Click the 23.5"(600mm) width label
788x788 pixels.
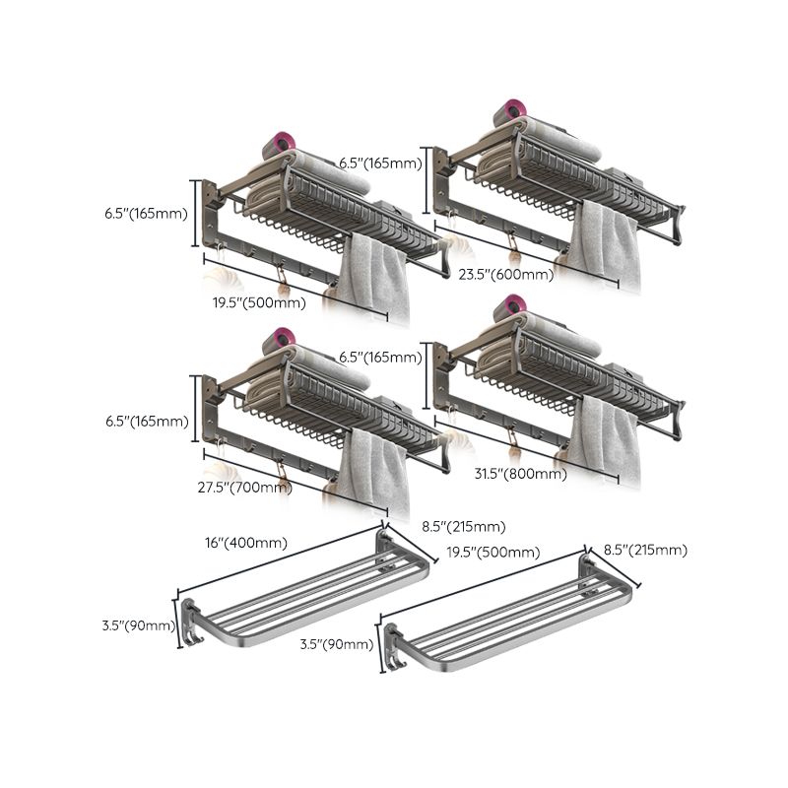tap(505, 276)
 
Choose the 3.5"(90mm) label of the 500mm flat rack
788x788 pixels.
tap(337, 644)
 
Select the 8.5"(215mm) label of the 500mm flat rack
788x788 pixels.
tap(644, 550)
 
